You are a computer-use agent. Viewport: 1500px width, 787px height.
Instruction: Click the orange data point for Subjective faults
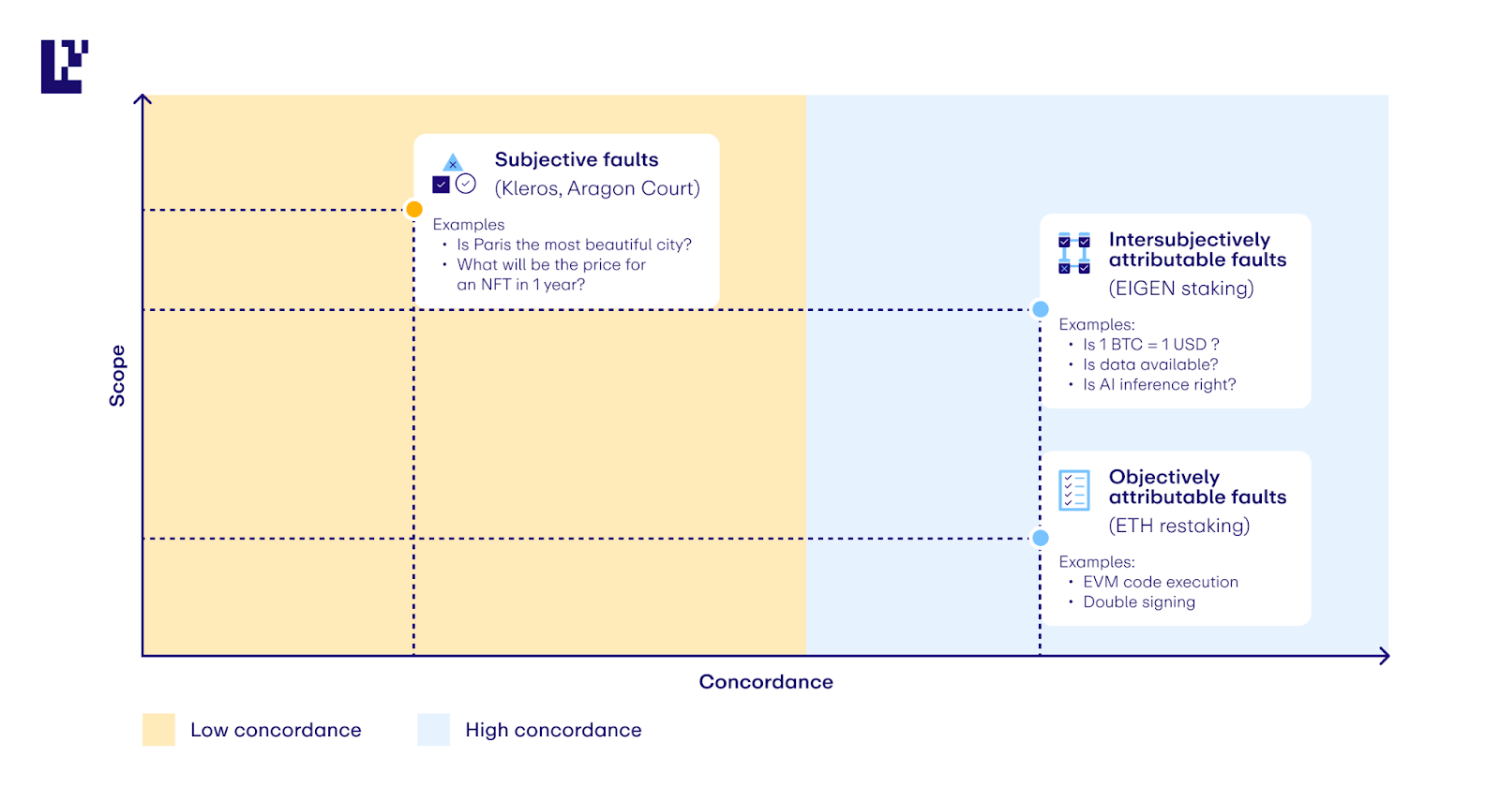[x=414, y=210]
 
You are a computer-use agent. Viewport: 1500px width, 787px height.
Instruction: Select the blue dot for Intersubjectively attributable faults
[x=1040, y=309]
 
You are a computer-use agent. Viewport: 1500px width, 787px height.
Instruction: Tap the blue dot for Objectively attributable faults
[x=1040, y=538]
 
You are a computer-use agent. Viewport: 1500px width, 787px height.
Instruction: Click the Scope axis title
[x=117, y=376]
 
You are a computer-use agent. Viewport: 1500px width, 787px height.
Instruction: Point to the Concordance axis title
[x=766, y=682]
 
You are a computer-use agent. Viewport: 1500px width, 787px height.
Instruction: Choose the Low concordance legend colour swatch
[x=158, y=730]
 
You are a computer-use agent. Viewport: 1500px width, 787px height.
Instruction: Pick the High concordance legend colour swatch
[x=433, y=730]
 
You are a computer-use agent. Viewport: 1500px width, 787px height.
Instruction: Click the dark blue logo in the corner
[x=65, y=67]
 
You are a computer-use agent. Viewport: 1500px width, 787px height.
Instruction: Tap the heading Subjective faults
[x=577, y=159]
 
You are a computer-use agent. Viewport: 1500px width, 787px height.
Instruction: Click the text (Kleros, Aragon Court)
[x=597, y=188]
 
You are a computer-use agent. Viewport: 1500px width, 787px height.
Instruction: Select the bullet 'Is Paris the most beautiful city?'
[x=574, y=245]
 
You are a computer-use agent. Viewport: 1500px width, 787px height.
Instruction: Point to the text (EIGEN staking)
[x=1181, y=289]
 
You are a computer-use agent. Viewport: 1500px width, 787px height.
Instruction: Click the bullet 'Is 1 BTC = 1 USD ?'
[x=1151, y=344]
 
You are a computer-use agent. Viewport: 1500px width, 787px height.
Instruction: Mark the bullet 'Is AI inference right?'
[x=1159, y=384]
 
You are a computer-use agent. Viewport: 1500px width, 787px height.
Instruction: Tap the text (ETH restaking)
[x=1179, y=526]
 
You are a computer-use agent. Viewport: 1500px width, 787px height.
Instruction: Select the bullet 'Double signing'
[x=1139, y=601]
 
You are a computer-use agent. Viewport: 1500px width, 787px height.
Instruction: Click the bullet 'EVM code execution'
[x=1161, y=582]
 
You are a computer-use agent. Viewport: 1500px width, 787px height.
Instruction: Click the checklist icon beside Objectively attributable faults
[x=1074, y=490]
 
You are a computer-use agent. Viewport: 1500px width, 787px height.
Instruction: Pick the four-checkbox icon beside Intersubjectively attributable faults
[x=1074, y=253]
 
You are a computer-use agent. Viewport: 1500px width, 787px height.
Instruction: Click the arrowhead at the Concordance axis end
[x=1386, y=656]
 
